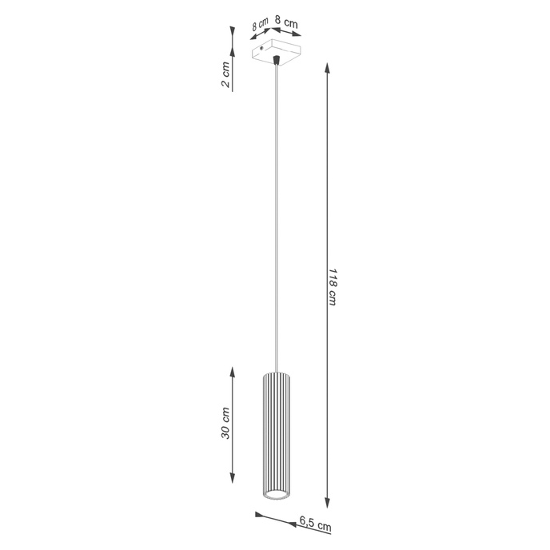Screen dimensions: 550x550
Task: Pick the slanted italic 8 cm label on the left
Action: point(259,25)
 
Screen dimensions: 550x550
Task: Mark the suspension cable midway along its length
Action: point(276,216)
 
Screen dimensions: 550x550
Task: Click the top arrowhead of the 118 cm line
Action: point(326,65)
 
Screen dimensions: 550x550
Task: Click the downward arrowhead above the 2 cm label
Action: point(233,34)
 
